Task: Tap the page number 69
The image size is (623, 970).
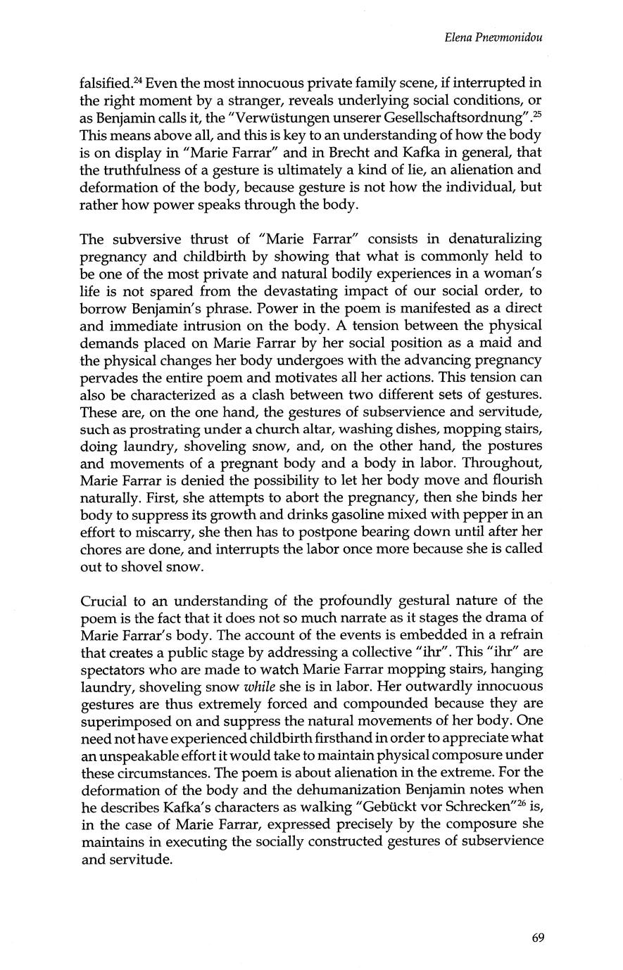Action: coord(539,936)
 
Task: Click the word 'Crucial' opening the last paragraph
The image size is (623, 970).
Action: coord(103,601)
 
